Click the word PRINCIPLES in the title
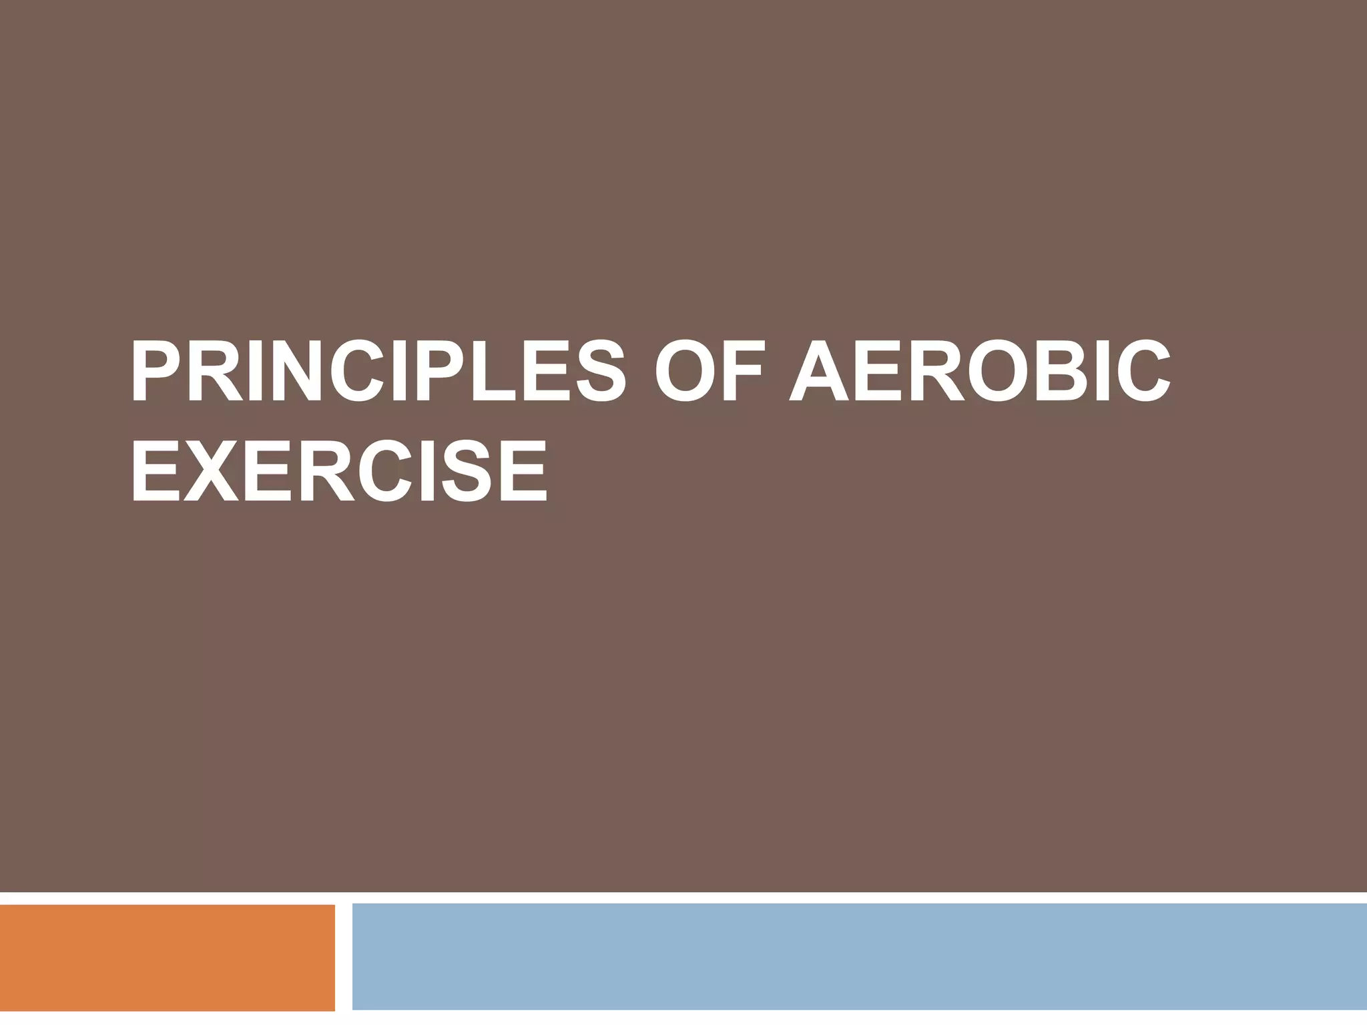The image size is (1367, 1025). coord(378,372)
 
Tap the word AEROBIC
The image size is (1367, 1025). coord(979,372)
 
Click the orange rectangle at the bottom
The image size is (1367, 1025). coord(167,957)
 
